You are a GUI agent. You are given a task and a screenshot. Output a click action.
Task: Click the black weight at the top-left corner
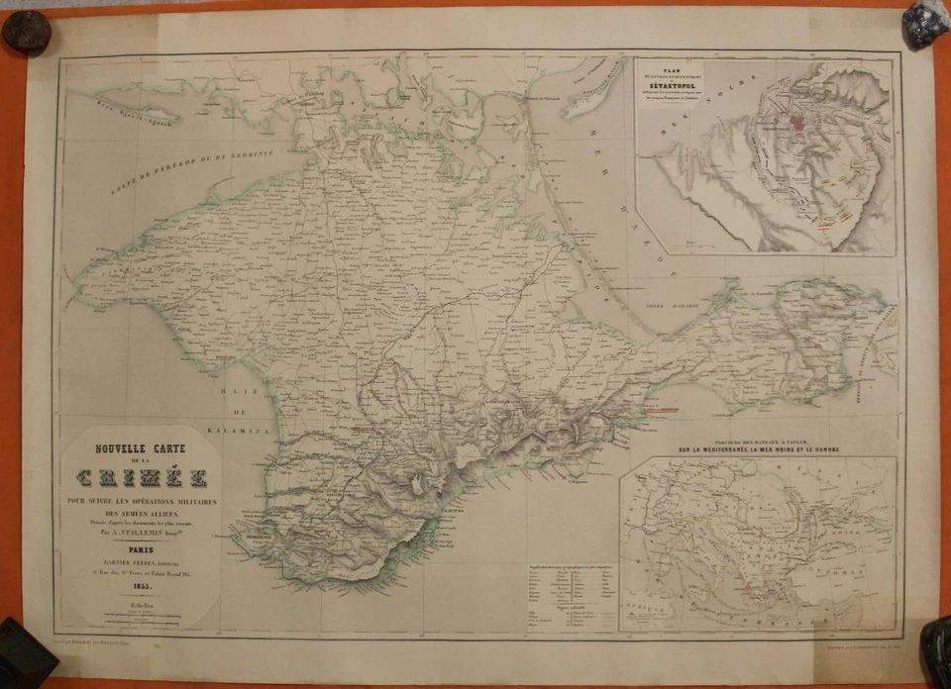coord(26,32)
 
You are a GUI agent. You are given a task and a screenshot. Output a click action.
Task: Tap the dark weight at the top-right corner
coord(925,24)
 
